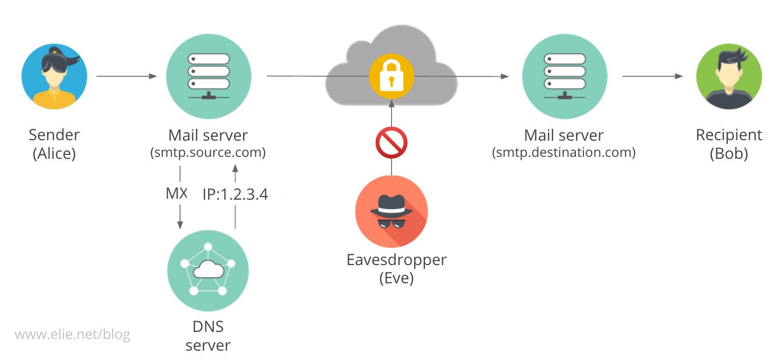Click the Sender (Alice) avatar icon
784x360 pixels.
coord(54,77)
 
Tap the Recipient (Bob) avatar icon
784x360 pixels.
coord(729,77)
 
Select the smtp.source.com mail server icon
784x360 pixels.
coord(209,77)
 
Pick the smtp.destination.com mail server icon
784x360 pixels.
coord(565,77)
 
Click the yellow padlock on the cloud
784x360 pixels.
coord(392,77)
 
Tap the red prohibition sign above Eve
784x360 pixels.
coord(392,143)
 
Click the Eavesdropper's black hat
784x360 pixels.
coord(392,205)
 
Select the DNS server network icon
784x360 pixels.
coord(208,270)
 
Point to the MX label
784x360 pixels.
coord(177,194)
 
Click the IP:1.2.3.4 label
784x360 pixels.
coord(235,195)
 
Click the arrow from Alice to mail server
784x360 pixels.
coord(126,76)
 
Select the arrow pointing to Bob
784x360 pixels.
coord(652,76)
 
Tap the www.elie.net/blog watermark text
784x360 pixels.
coord(72,335)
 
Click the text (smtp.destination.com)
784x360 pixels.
coord(564,152)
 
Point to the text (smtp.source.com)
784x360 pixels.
coord(208,152)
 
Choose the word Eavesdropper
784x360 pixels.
coord(396,260)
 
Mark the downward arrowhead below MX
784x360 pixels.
coord(180,225)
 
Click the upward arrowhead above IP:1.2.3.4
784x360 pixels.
coord(235,168)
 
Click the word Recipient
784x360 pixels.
coord(729,135)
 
